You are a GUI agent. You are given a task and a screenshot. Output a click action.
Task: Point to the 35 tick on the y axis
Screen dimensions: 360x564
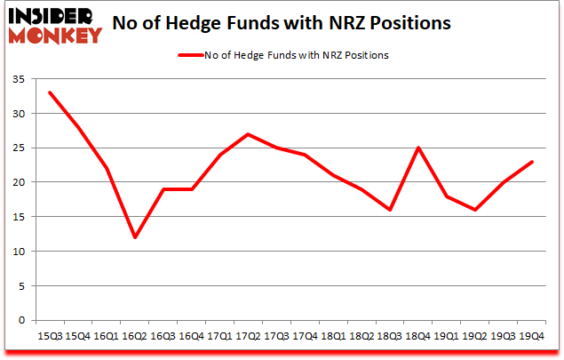click(x=20, y=79)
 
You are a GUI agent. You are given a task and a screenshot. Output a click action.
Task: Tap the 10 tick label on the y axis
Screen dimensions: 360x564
click(x=20, y=252)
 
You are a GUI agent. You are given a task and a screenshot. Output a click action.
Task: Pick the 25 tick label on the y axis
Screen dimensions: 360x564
click(x=20, y=148)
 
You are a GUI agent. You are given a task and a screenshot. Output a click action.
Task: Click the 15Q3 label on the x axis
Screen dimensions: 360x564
click(x=50, y=336)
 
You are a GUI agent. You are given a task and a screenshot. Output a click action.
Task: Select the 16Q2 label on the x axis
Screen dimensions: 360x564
click(x=135, y=336)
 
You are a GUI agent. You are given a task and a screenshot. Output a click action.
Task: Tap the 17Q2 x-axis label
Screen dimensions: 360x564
click(x=248, y=336)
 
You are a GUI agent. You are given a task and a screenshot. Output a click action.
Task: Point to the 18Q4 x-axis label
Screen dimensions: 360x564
click(x=417, y=336)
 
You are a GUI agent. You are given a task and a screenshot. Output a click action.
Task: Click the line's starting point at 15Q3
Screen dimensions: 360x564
click(x=50, y=92)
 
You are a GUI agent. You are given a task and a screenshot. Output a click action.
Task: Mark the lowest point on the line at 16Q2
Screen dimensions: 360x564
click(x=135, y=237)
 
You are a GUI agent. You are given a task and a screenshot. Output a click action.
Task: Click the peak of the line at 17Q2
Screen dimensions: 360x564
click(x=248, y=134)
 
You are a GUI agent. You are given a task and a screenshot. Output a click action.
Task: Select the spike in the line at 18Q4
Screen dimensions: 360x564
click(x=417, y=148)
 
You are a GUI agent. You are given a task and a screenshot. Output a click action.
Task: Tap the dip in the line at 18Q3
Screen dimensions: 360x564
click(x=389, y=210)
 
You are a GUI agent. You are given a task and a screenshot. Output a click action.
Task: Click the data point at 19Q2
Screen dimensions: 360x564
click(x=474, y=210)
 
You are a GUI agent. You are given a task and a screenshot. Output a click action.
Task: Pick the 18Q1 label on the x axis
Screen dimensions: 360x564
click(x=332, y=336)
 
